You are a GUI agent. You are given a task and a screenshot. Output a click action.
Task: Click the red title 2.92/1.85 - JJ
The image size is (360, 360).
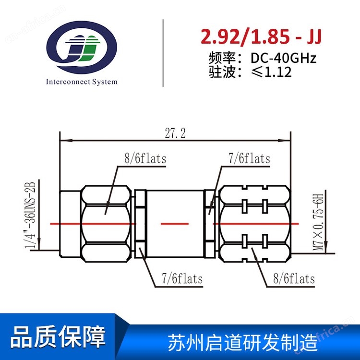tap(261, 37)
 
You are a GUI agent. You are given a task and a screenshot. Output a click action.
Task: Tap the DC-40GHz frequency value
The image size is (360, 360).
tap(283, 58)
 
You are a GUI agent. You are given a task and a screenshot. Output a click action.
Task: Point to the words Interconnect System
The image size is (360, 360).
tap(82, 82)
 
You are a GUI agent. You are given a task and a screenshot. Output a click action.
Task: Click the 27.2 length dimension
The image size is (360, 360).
tap(175, 133)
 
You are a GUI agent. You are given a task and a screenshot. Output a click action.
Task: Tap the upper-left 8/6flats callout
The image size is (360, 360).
tap(145, 159)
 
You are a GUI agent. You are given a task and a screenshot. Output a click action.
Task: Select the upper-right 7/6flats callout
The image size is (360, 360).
tap(249, 159)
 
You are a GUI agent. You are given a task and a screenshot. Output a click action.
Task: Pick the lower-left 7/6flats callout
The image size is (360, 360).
tap(182, 279)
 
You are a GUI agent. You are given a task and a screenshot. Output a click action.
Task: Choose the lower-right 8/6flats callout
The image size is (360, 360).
tap(294, 279)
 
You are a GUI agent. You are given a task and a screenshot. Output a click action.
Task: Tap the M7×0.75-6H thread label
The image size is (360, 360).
tap(319, 222)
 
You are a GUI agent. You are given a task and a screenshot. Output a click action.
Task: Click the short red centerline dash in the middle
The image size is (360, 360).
tap(175, 224)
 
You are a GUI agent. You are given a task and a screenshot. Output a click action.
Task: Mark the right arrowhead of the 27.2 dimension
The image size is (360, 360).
tap(284, 140)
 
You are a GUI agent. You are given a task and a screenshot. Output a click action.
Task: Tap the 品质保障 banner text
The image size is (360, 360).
tap(58, 336)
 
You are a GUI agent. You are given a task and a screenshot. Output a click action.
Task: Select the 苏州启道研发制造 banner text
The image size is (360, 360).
tap(243, 342)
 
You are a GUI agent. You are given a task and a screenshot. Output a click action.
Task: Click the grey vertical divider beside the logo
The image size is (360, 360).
tap(163, 53)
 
